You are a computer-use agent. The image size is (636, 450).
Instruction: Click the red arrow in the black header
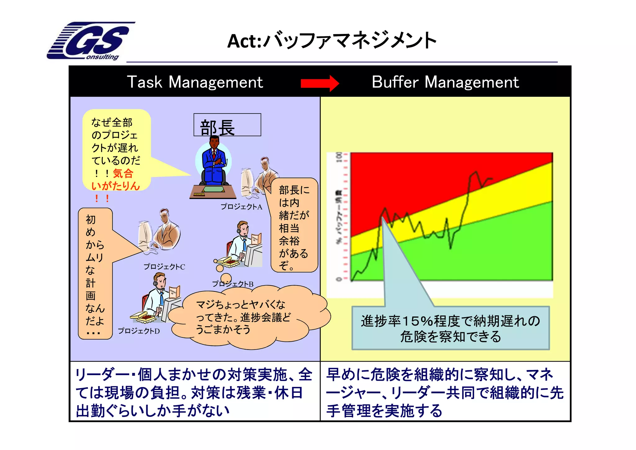coord(320,83)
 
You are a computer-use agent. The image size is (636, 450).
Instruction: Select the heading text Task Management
coord(195,82)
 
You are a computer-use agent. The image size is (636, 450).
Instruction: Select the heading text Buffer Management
coord(445,82)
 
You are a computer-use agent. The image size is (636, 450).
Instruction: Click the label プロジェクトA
coord(241,207)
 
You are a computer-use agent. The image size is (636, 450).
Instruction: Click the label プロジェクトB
coord(233,284)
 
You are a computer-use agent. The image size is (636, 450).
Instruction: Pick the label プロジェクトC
coord(164,267)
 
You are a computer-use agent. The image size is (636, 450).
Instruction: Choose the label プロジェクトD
coord(139,331)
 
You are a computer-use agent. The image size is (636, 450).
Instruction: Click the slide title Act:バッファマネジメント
coord(332,41)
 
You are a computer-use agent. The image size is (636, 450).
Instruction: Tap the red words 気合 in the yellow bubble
coord(123,173)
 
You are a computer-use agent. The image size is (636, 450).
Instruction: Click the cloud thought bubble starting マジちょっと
coord(245,317)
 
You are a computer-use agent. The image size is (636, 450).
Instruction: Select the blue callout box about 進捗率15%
coord(450,328)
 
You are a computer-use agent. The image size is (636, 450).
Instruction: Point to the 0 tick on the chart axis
coord(339,279)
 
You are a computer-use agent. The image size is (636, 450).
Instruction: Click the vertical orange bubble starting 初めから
coord(94,274)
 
